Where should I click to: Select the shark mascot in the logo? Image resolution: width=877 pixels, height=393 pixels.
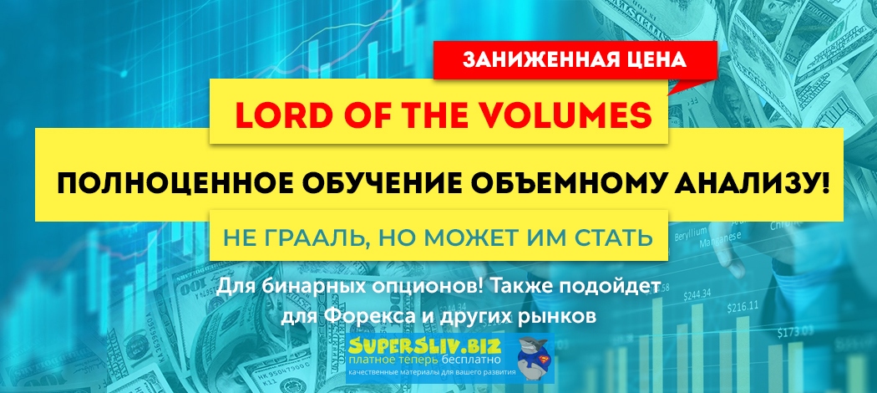point(525,355)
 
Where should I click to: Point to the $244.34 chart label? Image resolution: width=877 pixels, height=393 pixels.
point(696,293)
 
